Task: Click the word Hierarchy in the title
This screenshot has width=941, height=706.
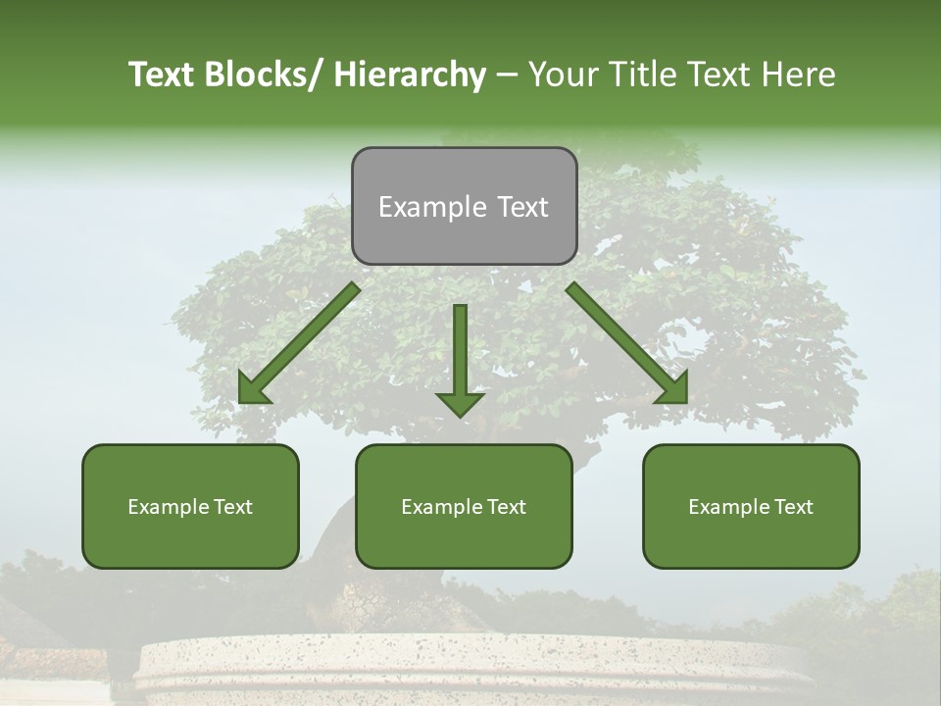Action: tap(409, 75)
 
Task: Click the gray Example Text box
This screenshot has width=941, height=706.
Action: tap(464, 206)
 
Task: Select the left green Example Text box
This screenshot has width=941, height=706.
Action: tap(190, 506)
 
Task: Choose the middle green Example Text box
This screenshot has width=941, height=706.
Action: tap(464, 506)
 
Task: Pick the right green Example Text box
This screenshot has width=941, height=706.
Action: tap(751, 506)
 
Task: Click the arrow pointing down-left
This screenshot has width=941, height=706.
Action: tap(299, 343)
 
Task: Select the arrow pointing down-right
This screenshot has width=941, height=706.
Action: tap(627, 343)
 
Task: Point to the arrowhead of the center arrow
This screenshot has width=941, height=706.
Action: tap(460, 403)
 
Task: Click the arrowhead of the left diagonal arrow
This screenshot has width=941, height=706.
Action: tap(254, 390)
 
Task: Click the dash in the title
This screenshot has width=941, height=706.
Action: tap(508, 75)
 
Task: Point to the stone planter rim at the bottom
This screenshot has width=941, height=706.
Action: tap(470, 655)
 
